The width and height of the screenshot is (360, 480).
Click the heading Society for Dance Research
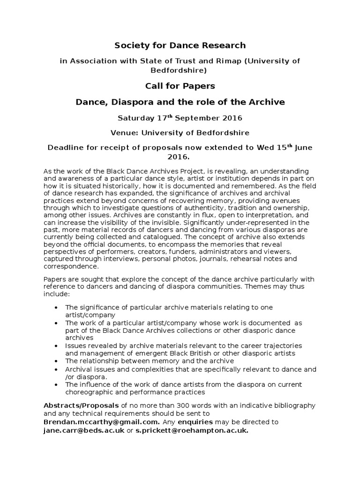pos(180,45)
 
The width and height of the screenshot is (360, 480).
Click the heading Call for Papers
pos(180,86)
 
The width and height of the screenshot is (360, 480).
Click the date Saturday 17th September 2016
pos(180,118)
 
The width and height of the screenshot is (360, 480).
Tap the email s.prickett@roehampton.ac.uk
pos(192,430)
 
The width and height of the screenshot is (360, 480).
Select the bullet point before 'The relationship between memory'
pos(56,361)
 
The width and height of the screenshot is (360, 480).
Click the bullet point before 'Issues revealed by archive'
pos(56,345)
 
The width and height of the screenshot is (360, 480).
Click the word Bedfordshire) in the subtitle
pos(180,70)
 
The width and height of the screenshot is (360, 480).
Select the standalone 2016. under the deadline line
pos(180,157)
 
